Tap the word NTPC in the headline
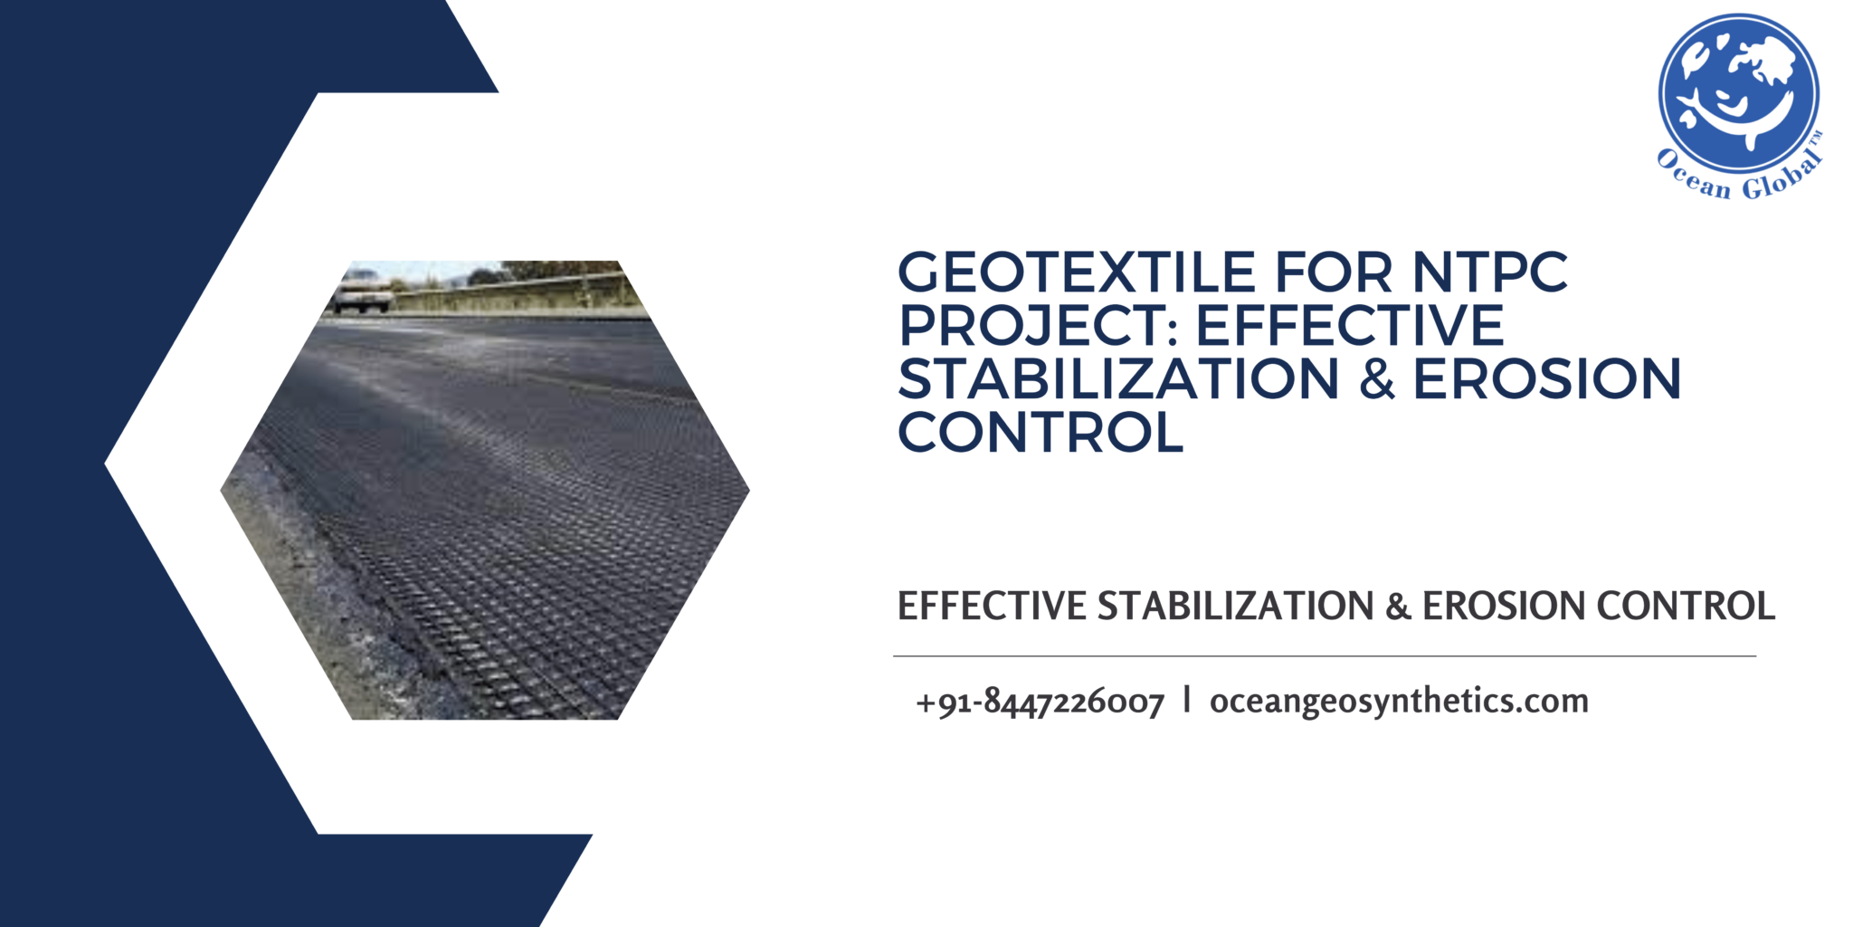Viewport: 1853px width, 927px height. (1490, 272)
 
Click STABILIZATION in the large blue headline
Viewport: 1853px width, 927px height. (1117, 379)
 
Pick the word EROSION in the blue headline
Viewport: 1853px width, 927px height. (1547, 379)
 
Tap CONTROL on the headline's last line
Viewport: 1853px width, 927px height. (1041, 433)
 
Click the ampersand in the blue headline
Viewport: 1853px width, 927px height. (1376, 380)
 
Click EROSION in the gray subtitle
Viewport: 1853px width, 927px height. (1503, 607)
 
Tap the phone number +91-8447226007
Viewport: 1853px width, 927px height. (1040, 702)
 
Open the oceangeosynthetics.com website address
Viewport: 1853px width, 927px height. (1399, 702)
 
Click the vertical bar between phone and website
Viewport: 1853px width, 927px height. (1186, 700)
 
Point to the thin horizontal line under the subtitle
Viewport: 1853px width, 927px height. (1324, 656)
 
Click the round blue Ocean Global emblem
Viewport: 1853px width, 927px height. (1738, 92)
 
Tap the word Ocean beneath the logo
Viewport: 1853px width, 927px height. (1693, 178)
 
